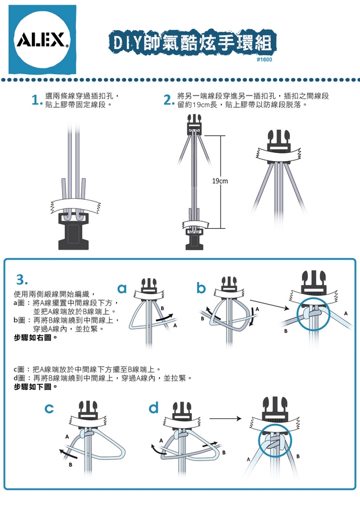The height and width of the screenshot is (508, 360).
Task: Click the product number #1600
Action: (264, 60)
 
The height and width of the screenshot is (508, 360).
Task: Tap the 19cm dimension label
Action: (220, 181)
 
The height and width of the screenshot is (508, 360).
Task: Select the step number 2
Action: (168, 101)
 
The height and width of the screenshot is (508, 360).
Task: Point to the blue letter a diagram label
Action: (122, 288)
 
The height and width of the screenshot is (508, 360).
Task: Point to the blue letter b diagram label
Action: (201, 288)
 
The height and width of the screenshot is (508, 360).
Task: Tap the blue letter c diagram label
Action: (50, 409)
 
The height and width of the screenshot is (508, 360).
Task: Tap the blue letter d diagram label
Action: (154, 408)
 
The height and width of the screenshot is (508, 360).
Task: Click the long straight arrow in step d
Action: (226, 418)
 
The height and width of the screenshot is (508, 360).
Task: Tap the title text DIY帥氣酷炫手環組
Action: (192, 42)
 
